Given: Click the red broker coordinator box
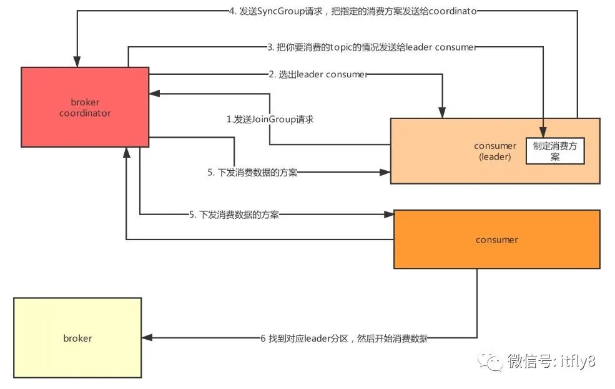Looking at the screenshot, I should (x=85, y=107).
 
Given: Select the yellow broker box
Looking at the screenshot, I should (x=77, y=338).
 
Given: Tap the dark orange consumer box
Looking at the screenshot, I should (x=496, y=239).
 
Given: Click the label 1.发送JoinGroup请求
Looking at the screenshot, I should (x=270, y=118).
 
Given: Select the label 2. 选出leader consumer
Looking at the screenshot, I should (x=318, y=74).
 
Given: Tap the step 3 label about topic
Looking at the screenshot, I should (x=371, y=47).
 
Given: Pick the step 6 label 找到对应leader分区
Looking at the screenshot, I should (x=344, y=339).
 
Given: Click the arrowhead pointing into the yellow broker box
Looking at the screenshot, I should (x=147, y=339).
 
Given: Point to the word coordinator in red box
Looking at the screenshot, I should (x=85, y=113).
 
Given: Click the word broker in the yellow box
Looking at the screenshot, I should (x=77, y=338).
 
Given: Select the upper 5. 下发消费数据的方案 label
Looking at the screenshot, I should (x=252, y=173).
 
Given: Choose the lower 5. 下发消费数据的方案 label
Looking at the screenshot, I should (x=234, y=214).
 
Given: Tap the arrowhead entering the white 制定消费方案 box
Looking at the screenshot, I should (x=544, y=133).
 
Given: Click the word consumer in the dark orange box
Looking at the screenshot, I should (x=496, y=239).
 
